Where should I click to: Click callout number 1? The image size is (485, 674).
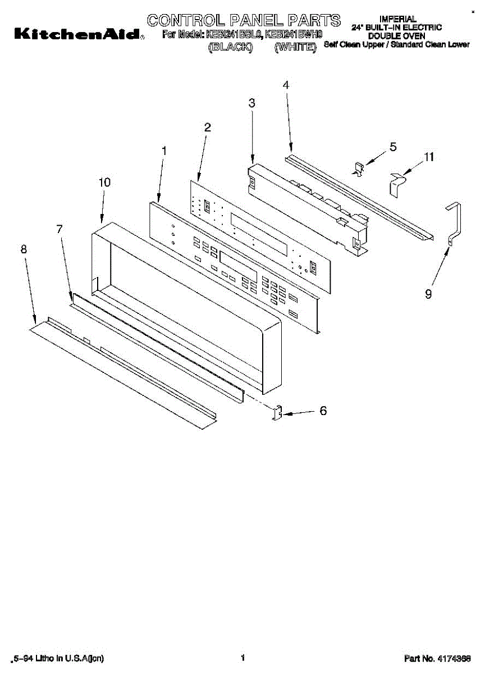click(164, 151)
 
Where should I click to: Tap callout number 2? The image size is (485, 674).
click(207, 127)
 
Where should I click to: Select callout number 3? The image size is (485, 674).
click(251, 103)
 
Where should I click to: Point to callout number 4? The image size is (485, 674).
click(286, 85)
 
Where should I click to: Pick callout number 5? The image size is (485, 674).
click(393, 147)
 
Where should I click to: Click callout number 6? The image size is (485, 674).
click(323, 411)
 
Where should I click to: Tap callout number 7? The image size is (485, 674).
click(60, 229)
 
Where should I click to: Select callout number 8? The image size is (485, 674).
click(24, 249)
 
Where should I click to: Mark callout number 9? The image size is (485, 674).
click(428, 293)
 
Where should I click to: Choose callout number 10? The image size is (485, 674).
click(104, 183)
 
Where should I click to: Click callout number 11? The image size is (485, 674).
click(429, 157)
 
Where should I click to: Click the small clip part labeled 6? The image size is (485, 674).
click(276, 413)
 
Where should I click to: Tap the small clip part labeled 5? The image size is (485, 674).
click(358, 168)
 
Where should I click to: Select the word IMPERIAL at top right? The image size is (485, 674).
click(397, 19)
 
